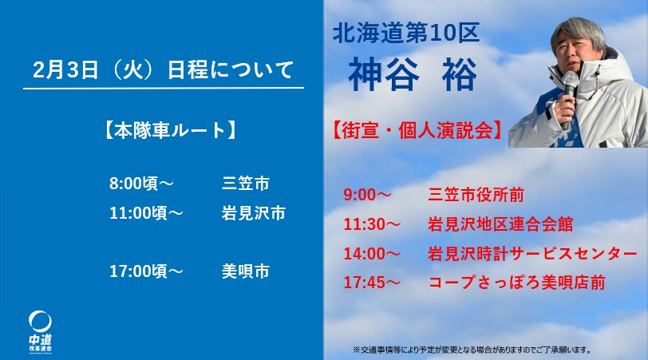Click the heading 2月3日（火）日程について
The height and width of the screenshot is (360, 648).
164,69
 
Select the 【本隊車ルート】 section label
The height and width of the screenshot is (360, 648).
169,130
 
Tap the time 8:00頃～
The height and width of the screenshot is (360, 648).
141,183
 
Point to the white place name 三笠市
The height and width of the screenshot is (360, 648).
246,183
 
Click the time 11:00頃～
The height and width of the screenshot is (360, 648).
146,213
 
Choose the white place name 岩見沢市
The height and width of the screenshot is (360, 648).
253,213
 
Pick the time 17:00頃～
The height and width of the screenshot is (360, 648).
146,271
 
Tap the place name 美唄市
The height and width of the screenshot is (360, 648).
246,271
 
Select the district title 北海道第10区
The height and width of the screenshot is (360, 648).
406,33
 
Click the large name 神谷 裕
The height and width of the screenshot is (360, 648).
413,74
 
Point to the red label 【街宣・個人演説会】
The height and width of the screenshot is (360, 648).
417,130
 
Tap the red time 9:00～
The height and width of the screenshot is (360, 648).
367,195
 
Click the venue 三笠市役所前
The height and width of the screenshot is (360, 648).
476,195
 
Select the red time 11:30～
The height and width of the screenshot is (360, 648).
372,224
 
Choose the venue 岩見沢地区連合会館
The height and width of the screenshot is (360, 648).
500,224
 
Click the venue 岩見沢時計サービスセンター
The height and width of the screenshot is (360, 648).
533,254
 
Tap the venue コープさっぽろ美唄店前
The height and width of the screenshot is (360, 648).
516,283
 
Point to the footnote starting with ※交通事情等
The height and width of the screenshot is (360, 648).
472,350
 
